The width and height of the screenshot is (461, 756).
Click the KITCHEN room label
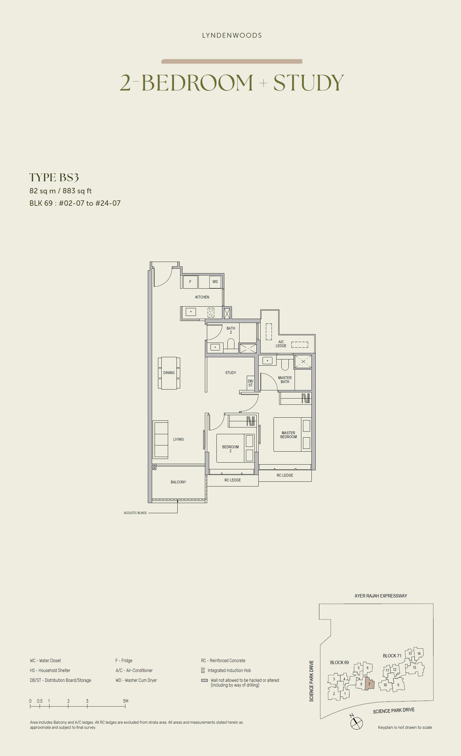click(x=202, y=297)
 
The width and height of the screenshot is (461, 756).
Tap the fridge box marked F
click(x=190, y=282)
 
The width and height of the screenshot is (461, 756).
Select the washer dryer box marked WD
click(x=215, y=282)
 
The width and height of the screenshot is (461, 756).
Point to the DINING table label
click(x=169, y=373)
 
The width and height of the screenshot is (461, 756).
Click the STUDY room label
click(x=231, y=373)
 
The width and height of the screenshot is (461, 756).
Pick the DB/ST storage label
click(x=250, y=383)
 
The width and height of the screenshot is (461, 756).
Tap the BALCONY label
click(x=178, y=482)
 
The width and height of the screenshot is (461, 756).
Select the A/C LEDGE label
click(x=281, y=344)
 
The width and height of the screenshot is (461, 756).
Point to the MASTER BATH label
click(x=285, y=380)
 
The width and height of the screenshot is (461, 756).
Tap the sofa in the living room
click(x=161, y=439)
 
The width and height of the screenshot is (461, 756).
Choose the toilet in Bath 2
click(x=231, y=344)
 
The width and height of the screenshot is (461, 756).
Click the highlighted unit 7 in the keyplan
click(x=370, y=684)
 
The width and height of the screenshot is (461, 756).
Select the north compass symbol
click(x=356, y=723)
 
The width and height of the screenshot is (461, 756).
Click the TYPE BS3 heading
click(x=54, y=177)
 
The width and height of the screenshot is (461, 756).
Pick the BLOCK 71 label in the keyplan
click(x=392, y=656)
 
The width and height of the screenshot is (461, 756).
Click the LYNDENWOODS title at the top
click(x=232, y=36)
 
